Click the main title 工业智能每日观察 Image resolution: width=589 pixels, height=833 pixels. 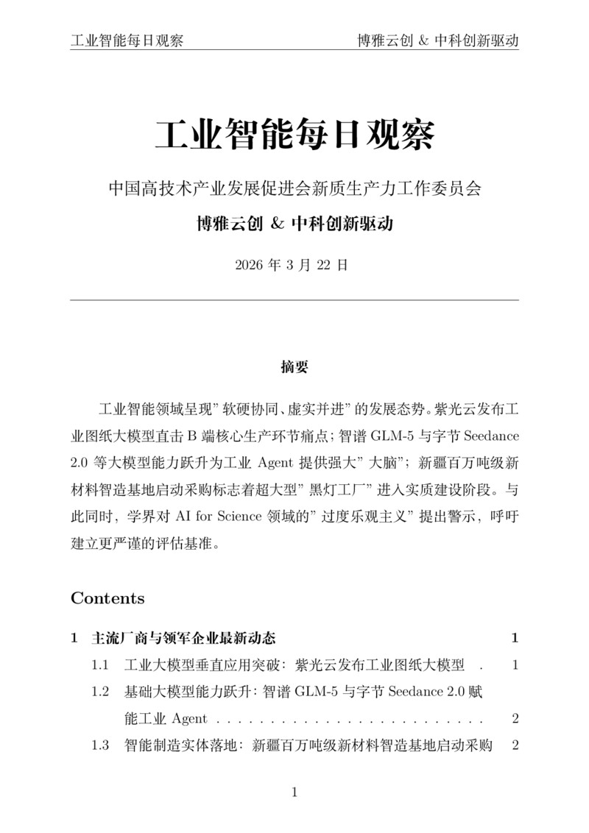[x=294, y=135]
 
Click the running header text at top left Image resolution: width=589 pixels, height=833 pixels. [x=127, y=40]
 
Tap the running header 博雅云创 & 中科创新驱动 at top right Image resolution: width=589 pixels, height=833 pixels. [x=437, y=40]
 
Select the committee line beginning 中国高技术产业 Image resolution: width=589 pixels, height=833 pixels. [x=294, y=188]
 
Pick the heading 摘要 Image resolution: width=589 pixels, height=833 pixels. [x=294, y=366]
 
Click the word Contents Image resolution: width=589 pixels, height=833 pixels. [x=107, y=598]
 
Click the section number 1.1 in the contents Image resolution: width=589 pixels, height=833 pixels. [x=101, y=665]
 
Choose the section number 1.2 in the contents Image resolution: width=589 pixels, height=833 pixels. [x=101, y=692]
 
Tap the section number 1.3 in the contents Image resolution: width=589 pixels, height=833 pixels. [x=101, y=745]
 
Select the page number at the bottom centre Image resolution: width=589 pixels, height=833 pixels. [x=294, y=793]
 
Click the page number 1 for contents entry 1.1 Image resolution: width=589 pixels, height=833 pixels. [x=515, y=665]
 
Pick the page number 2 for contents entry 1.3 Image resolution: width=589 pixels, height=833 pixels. [x=515, y=745]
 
